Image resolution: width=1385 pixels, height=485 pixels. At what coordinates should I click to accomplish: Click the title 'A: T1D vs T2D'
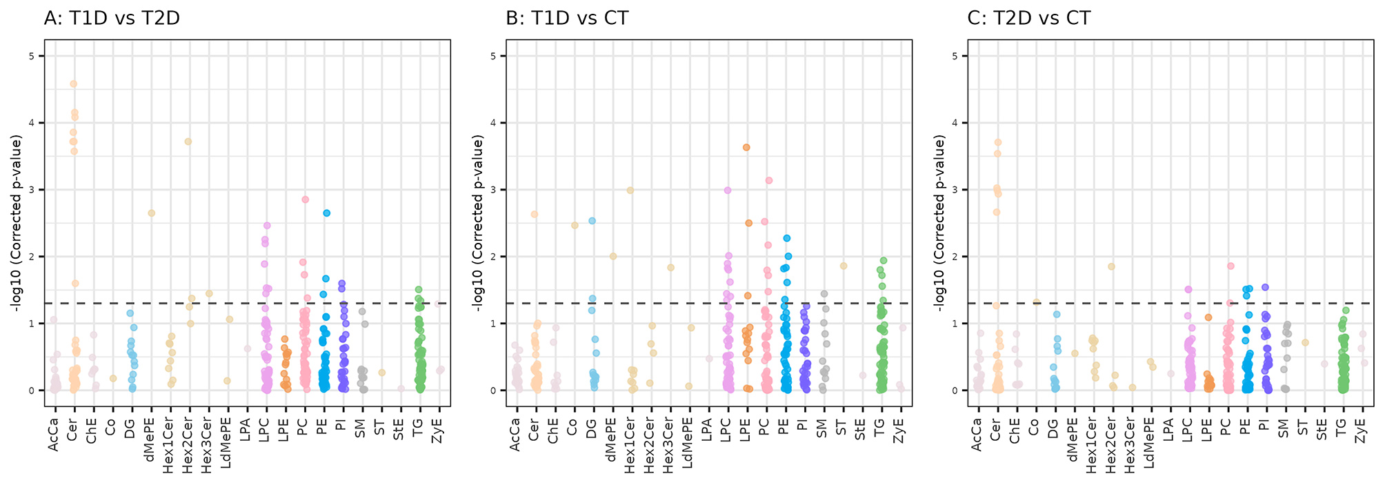112,18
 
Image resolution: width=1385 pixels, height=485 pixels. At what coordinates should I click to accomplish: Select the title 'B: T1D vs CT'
567,18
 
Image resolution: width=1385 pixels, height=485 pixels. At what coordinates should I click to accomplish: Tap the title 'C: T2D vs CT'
1029,18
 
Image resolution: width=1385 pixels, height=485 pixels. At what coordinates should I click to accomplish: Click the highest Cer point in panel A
74,84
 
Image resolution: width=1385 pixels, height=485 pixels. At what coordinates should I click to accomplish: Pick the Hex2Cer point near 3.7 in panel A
188,141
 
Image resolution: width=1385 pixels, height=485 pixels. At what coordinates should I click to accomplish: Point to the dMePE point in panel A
152,213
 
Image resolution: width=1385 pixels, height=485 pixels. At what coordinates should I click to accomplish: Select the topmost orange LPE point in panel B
746,147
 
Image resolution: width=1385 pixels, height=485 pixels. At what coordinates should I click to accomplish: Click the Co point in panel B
575,225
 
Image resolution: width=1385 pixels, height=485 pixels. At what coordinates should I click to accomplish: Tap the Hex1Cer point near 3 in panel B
630,190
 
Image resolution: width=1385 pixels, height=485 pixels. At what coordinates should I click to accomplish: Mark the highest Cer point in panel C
997,143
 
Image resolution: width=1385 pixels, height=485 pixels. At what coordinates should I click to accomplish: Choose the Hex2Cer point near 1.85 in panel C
1111,266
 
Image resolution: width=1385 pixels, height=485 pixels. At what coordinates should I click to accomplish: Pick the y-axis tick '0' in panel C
954,390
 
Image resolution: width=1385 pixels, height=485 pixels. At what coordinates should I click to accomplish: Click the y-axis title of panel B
478,222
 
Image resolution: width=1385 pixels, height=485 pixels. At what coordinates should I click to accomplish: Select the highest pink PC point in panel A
305,199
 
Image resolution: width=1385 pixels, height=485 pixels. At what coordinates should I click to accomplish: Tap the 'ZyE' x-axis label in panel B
899,432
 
